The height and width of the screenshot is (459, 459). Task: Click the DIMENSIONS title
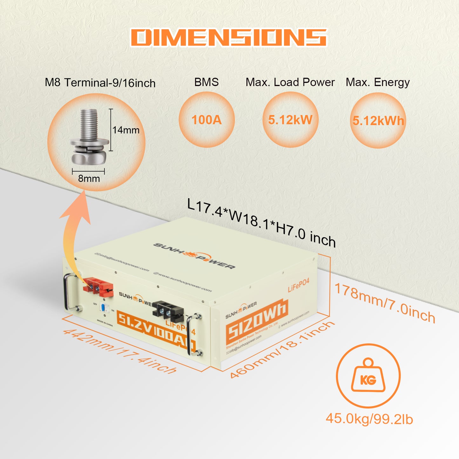click(x=229, y=37)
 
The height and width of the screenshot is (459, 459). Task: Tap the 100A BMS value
click(x=206, y=120)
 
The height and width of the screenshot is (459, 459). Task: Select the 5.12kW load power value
click(x=290, y=120)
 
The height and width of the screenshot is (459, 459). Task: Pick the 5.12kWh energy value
click(x=378, y=121)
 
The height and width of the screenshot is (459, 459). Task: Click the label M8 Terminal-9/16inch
click(x=100, y=83)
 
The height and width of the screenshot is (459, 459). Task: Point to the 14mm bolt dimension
click(x=126, y=130)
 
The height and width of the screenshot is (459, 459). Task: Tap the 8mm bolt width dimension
click(x=89, y=179)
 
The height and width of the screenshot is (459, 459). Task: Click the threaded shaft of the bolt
click(x=89, y=124)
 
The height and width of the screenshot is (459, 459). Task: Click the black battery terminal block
click(x=168, y=310)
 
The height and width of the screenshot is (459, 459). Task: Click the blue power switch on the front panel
click(x=103, y=307)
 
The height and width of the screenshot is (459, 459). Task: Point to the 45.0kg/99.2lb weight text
click(x=369, y=419)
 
